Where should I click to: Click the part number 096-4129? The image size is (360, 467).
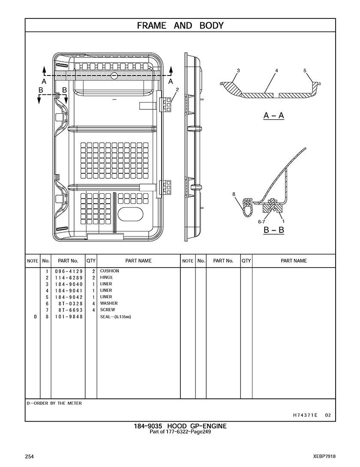(x=69, y=271)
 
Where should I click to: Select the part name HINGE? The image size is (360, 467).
(x=107, y=277)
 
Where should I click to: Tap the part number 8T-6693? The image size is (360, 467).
(x=69, y=310)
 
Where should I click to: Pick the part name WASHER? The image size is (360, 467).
(x=109, y=303)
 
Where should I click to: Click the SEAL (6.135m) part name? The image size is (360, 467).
(x=115, y=317)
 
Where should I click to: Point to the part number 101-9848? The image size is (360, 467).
(x=69, y=317)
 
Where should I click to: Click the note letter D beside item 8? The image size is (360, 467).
(x=35, y=317)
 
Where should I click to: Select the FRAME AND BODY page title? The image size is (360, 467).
(x=180, y=26)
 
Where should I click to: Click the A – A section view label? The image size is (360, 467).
(x=273, y=115)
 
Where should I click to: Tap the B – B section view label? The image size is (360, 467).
(x=273, y=230)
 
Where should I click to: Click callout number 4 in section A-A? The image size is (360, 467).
(x=277, y=70)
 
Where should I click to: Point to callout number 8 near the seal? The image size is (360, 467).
(x=234, y=194)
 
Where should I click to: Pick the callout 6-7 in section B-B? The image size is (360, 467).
(x=261, y=222)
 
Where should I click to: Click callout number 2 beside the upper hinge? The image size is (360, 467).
(x=177, y=89)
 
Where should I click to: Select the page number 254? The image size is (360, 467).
(x=30, y=456)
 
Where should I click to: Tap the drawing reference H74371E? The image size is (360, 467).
(x=305, y=415)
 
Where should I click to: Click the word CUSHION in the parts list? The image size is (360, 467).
(x=110, y=271)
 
